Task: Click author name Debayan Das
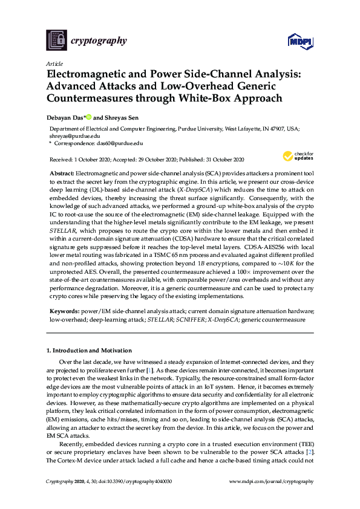coord(65,118)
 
